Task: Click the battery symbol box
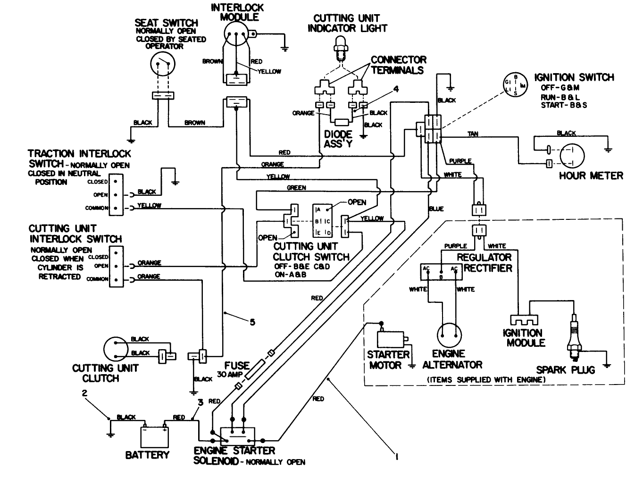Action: (155, 436)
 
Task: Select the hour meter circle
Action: (572, 156)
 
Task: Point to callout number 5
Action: (252, 322)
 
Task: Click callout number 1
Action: (396, 456)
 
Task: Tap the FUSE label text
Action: (236, 366)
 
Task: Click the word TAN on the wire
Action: (472, 134)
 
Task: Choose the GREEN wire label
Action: (296, 188)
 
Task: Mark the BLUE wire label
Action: (436, 209)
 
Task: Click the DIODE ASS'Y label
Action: (338, 139)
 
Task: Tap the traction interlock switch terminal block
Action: (116, 194)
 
